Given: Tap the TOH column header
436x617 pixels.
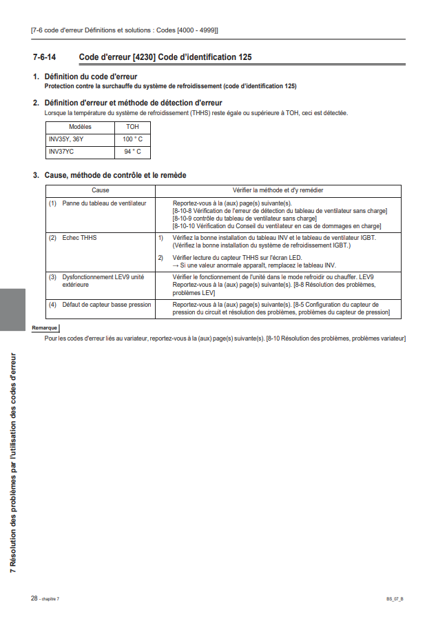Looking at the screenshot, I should pos(132,127).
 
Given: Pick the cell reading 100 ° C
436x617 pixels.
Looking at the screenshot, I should pos(132,139).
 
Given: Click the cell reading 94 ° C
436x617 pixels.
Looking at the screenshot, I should pos(132,152).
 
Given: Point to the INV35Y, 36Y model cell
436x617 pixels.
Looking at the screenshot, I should pos(66,139).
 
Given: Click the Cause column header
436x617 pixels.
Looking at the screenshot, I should pos(101,190).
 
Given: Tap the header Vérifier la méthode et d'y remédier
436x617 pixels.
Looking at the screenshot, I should pos(278,190).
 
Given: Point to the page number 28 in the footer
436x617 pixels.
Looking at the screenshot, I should pos(34,598).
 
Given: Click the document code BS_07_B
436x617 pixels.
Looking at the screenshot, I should pos(395,598).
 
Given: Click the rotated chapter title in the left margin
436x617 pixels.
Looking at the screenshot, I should pos(12,462).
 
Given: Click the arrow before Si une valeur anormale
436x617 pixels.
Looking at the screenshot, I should pos(176,265).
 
